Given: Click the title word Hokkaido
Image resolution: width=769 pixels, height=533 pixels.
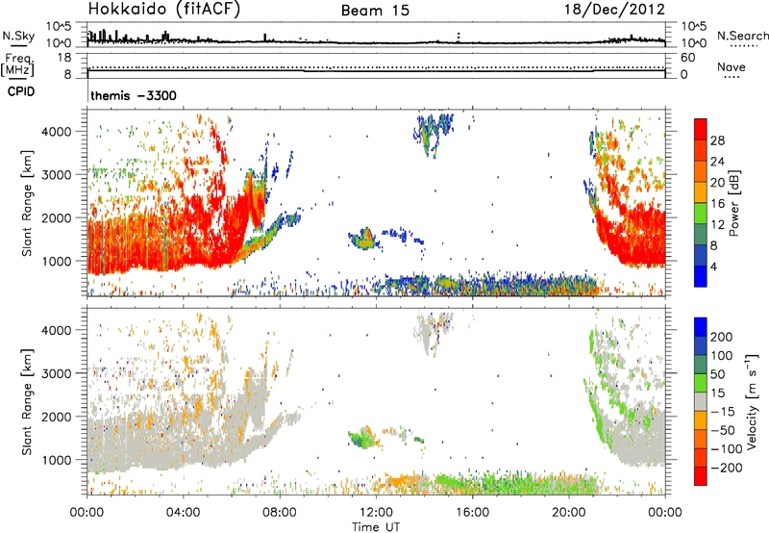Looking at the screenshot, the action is coord(128,9).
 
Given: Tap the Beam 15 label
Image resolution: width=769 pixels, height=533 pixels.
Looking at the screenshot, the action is coord(375,11).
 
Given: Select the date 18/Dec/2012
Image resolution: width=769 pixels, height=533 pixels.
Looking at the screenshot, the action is coord(614,10).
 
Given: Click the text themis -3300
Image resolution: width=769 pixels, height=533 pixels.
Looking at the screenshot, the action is coord(134,95).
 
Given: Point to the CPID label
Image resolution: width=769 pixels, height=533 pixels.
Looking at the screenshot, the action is coord(21,91).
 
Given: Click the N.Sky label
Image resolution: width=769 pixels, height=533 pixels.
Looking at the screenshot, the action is coord(18,36).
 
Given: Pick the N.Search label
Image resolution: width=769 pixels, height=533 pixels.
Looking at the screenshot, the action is coord(742,36).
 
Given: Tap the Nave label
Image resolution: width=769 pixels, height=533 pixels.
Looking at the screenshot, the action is coord(732,66).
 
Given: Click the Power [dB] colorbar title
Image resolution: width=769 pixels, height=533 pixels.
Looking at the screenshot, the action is coord(733,203).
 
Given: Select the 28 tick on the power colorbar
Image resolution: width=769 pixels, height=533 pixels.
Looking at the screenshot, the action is coord(717,140).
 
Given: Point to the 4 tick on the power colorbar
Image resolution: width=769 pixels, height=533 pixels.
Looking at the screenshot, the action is coord(714,267).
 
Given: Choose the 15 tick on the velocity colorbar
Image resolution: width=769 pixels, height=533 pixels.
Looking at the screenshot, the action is coord(717,393).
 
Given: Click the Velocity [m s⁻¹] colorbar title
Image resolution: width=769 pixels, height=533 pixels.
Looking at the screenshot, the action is coord(752,401).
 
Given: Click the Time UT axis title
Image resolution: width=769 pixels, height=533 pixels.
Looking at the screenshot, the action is coord(376,527).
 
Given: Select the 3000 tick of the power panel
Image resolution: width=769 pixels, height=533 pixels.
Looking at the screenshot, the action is coord(57,175).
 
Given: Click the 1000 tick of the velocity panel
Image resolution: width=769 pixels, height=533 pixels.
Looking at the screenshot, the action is coord(57,460).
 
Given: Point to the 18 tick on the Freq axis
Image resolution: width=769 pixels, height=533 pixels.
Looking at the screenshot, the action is coord(64,57).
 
